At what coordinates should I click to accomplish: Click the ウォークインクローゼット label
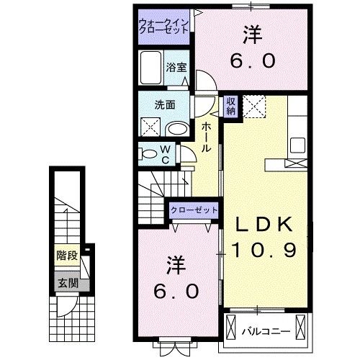tap(165, 27)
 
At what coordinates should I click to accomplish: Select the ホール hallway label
tap(206, 136)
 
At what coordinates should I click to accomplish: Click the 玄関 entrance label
tap(66, 282)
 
